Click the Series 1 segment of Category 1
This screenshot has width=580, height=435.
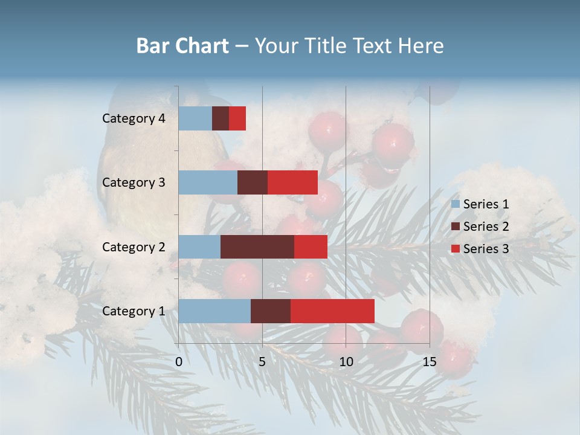point(214,311)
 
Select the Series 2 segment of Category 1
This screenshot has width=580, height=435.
point(271,311)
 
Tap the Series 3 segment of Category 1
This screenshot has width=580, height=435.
point(332,311)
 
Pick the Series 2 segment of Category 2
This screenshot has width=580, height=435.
point(257,246)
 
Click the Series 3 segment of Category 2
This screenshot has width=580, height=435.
point(311,246)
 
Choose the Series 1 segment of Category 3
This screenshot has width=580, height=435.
point(208,182)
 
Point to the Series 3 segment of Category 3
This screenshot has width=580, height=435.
point(292,182)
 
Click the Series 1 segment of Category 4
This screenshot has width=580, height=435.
point(195,118)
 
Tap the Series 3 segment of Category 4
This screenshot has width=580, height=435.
point(237,118)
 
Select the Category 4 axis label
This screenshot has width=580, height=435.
point(134,118)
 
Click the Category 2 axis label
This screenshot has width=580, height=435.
point(134,246)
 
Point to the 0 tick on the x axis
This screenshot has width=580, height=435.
point(179,362)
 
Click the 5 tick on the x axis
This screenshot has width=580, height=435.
point(262,362)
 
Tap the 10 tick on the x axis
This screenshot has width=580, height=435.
point(346,362)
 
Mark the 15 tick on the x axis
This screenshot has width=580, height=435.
point(429,362)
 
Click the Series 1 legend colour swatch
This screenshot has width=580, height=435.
point(455,204)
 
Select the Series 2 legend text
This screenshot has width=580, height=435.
point(486,227)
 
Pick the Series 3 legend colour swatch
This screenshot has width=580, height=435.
point(455,249)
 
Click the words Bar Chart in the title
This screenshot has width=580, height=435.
point(182,46)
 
